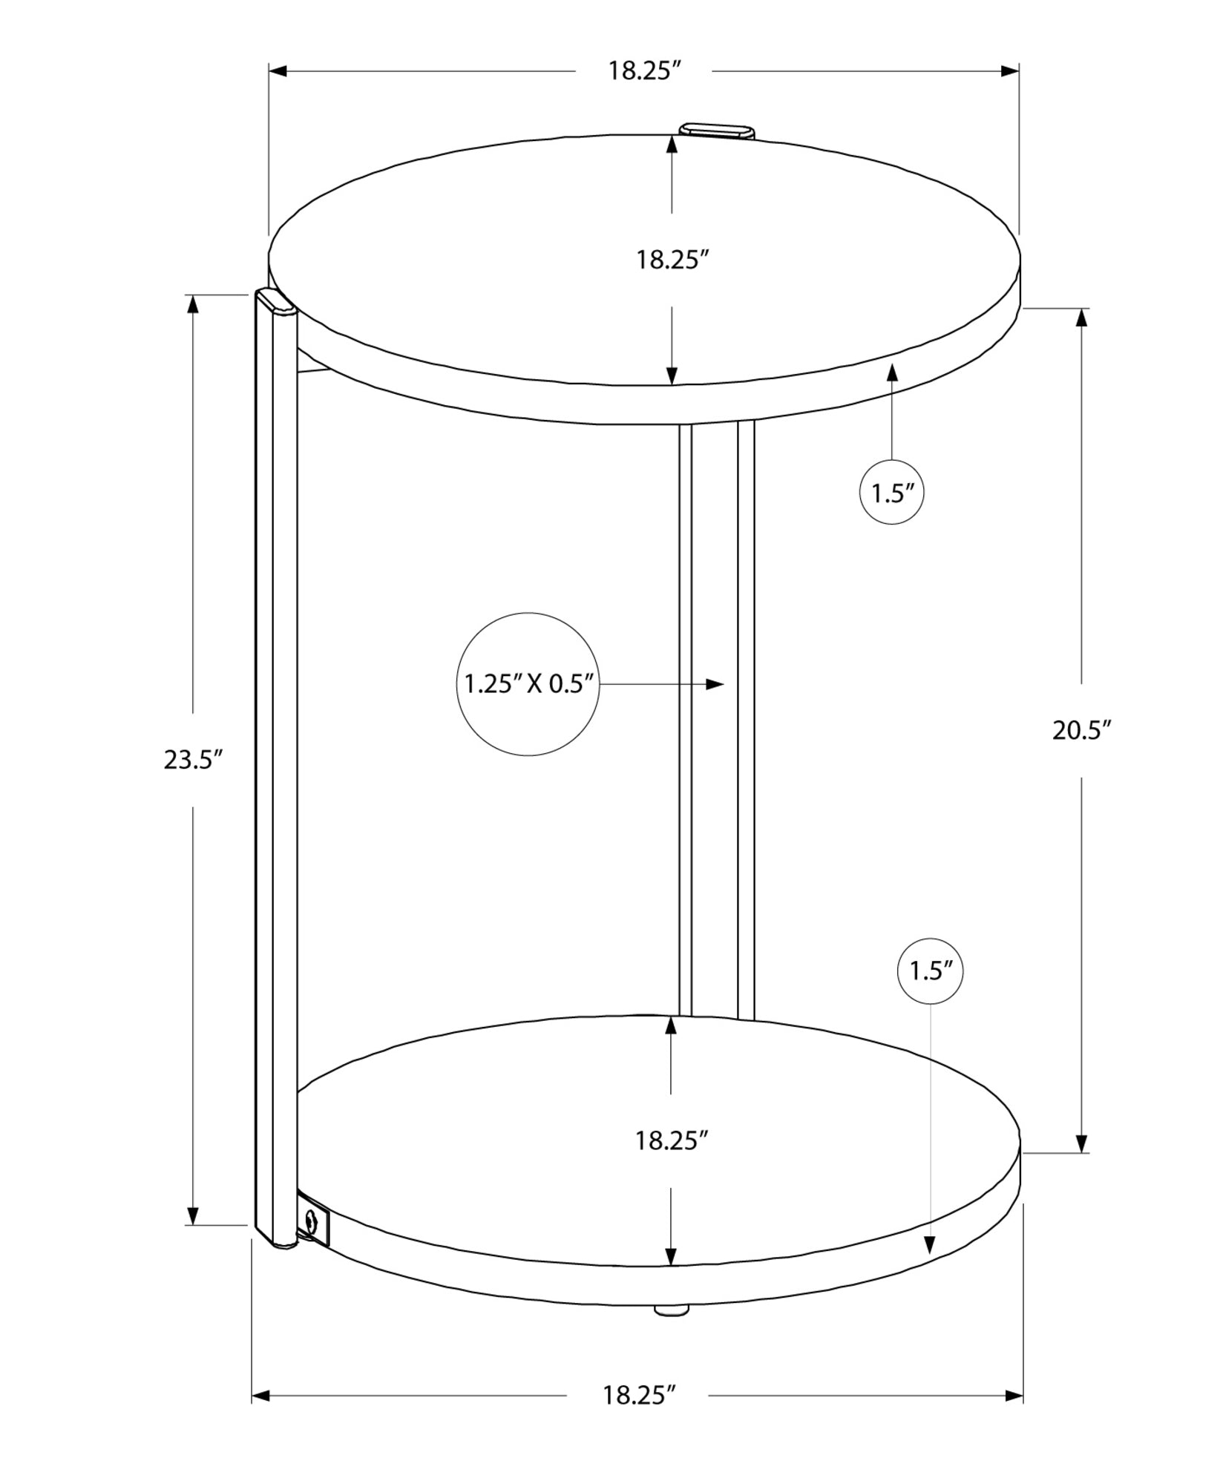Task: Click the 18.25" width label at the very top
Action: pyautogui.click(x=644, y=71)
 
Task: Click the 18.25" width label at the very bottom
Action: pyautogui.click(x=638, y=1396)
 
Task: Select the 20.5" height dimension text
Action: pyautogui.click(x=1081, y=730)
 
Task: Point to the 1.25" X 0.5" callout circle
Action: pyautogui.click(x=528, y=683)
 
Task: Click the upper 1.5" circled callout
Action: pyautogui.click(x=891, y=493)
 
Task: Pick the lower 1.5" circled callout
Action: pyautogui.click(x=930, y=971)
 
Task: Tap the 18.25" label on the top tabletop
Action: pyautogui.click(x=672, y=260)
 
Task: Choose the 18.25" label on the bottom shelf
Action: pyautogui.click(x=671, y=1140)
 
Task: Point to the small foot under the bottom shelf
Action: pyautogui.click(x=671, y=1310)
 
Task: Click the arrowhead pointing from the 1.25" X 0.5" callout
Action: pyautogui.click(x=714, y=683)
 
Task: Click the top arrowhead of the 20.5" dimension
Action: pyautogui.click(x=1081, y=318)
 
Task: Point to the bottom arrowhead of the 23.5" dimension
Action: pyautogui.click(x=193, y=1215)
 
